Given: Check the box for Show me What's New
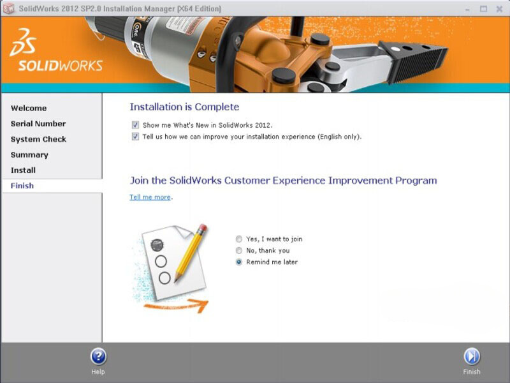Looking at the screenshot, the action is pyautogui.click(x=135, y=125).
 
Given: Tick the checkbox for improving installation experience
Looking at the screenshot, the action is pyautogui.click(x=135, y=137).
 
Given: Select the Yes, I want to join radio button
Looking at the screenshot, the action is pyautogui.click(x=239, y=239).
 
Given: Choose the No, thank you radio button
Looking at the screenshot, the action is pyautogui.click(x=239, y=250).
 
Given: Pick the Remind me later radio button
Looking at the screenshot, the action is pyautogui.click(x=239, y=262).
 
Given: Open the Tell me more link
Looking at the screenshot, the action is pyautogui.click(x=150, y=197).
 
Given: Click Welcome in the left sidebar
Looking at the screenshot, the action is pyautogui.click(x=29, y=108).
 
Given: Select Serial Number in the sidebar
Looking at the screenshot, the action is pyautogui.click(x=38, y=124).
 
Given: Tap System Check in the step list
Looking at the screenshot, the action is pyautogui.click(x=38, y=139).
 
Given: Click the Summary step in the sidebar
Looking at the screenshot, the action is pyautogui.click(x=29, y=155).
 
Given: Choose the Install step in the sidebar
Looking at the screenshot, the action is pyautogui.click(x=23, y=170).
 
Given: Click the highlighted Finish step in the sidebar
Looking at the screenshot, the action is pyautogui.click(x=22, y=186).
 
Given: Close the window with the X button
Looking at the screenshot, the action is pyautogui.click(x=500, y=9).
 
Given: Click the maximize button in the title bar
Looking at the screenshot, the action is pyautogui.click(x=484, y=9).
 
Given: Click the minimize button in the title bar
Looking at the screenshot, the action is pyautogui.click(x=468, y=10).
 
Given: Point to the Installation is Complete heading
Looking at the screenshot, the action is pyautogui.click(x=184, y=107).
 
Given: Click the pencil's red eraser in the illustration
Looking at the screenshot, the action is pyautogui.click(x=202, y=228).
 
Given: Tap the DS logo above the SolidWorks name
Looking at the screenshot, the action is pyautogui.click(x=23, y=42).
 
